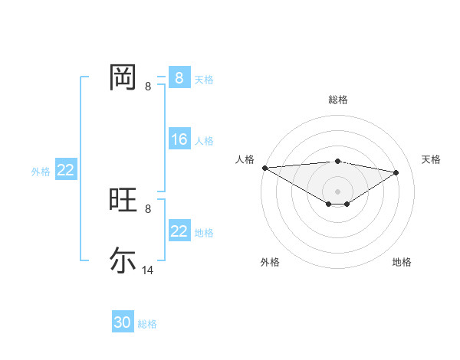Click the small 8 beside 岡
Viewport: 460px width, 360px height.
(x=148, y=87)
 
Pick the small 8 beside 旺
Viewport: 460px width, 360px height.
(x=148, y=208)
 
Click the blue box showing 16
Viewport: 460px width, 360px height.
(x=179, y=139)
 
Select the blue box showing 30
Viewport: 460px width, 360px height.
(x=123, y=322)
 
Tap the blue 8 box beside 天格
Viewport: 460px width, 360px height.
(x=179, y=78)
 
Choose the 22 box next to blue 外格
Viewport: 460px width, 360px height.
(x=65, y=170)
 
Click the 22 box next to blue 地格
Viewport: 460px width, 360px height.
(x=179, y=231)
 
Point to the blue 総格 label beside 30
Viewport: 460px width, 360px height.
(x=147, y=324)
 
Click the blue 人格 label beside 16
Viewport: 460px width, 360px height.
(x=204, y=141)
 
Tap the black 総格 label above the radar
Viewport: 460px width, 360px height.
(x=337, y=100)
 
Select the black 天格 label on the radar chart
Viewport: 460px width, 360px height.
(x=431, y=159)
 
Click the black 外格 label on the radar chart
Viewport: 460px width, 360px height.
(x=270, y=263)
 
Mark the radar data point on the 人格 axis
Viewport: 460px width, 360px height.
(x=264, y=168)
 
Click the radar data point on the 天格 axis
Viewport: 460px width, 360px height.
(x=396, y=172)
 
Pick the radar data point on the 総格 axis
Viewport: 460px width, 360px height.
(x=337, y=161)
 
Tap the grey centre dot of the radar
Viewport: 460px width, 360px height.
(x=337, y=191)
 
